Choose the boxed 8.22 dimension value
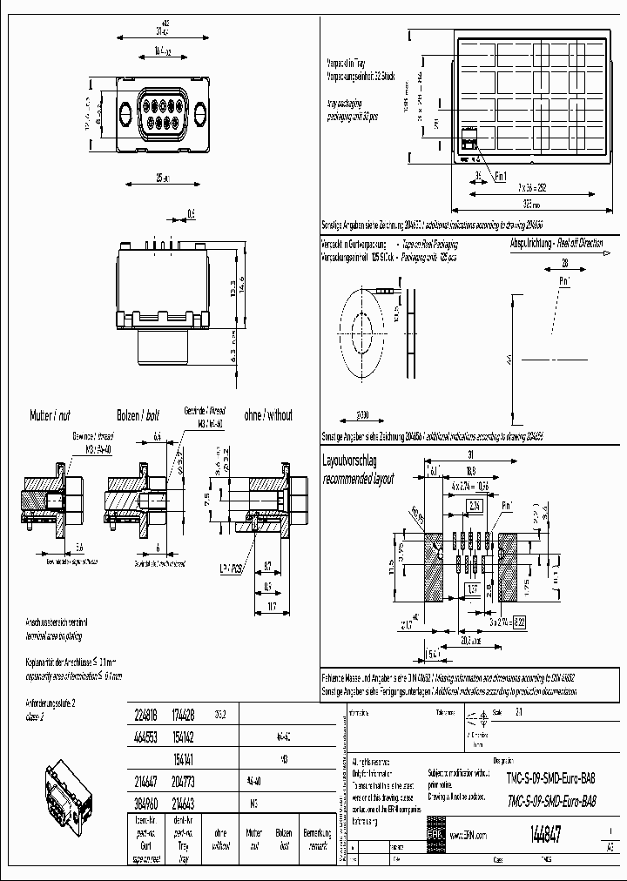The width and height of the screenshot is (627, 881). (519, 622)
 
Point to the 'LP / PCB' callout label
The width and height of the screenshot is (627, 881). (231, 566)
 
